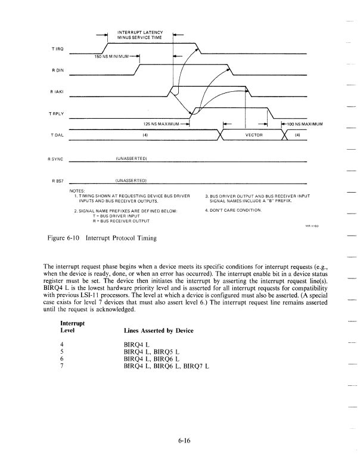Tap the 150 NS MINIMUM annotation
click(113, 57)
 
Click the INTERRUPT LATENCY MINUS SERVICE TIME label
click(139, 34)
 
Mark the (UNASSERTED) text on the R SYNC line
click(131, 159)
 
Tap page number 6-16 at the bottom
click(184, 442)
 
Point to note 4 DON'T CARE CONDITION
click(234, 211)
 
